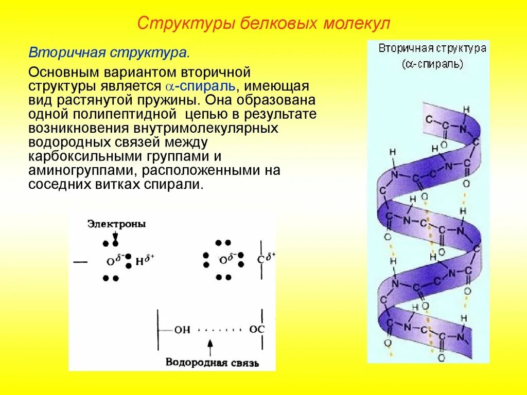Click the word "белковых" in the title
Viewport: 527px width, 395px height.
click(280, 24)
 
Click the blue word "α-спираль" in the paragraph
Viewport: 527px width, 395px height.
click(201, 85)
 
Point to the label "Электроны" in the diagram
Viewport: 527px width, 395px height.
click(116, 224)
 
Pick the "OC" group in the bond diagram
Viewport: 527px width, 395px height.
click(256, 329)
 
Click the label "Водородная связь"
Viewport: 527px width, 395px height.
click(212, 363)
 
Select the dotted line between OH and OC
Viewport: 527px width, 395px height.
click(219, 330)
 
